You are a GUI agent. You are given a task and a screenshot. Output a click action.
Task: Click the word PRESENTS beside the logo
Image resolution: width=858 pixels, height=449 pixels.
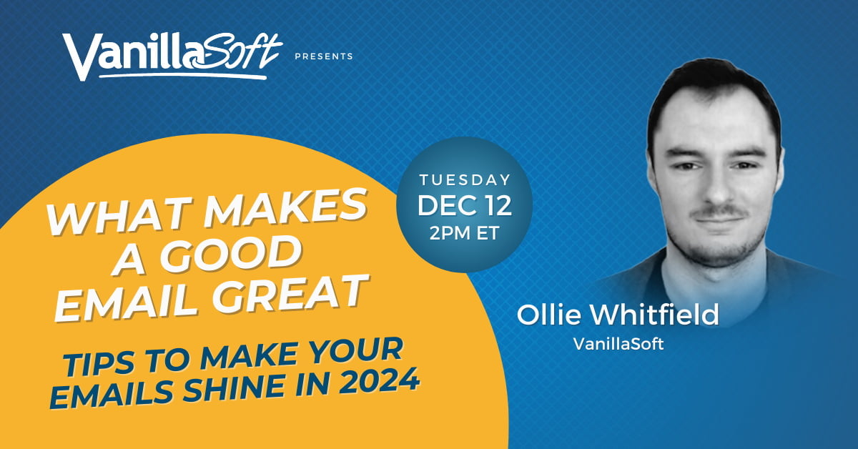point(324,56)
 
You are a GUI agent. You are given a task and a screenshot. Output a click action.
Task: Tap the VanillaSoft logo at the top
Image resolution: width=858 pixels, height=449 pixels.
point(173,56)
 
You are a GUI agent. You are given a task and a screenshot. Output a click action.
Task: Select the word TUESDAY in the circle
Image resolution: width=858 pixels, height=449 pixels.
point(465,180)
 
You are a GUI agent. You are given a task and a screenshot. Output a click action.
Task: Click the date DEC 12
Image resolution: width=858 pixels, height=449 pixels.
point(465,206)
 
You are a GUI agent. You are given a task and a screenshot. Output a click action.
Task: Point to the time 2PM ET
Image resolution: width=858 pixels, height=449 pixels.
point(464,233)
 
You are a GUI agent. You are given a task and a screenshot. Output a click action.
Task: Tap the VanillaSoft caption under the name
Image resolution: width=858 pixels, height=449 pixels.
point(618,344)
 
